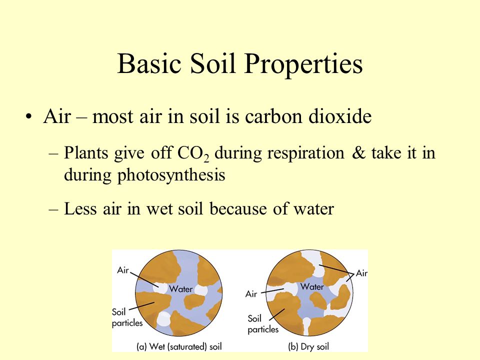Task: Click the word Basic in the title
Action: coord(149,63)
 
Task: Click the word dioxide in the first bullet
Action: coord(340,116)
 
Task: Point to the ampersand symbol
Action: coord(358,152)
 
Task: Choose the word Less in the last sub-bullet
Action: coord(81,209)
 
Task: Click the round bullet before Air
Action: coord(28,117)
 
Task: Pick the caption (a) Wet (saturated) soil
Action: coord(179,346)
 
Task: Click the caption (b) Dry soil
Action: coord(308,346)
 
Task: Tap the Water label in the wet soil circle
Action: coord(181,288)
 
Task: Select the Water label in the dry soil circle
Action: coord(312,286)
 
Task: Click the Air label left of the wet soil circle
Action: coord(123,270)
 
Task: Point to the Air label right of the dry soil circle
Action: coord(361,273)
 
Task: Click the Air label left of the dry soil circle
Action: coord(251,294)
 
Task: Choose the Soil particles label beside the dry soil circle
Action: coord(263,324)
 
